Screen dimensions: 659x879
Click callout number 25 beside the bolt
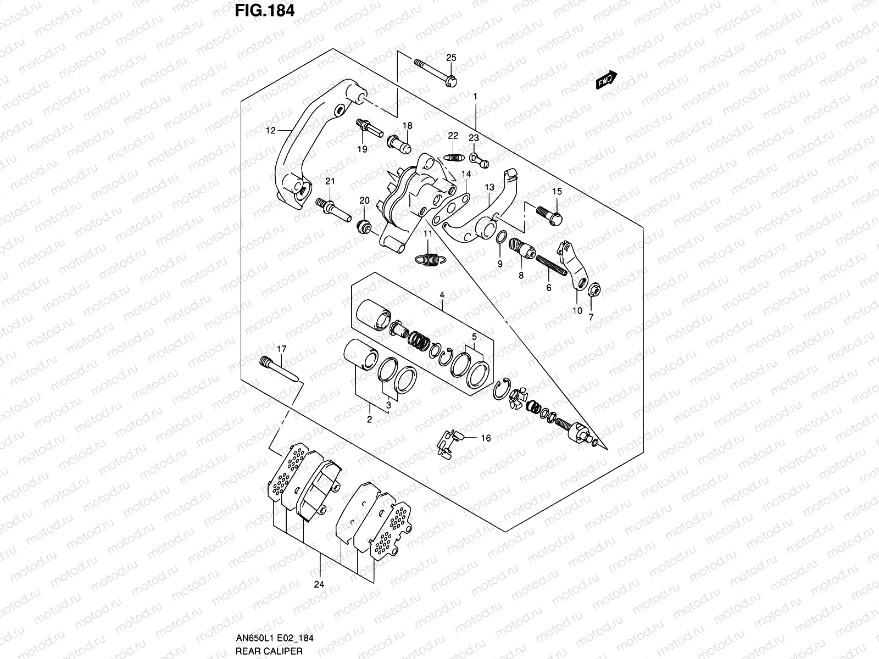point(451,58)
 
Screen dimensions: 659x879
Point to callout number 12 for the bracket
point(270,131)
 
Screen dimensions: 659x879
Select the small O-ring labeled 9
point(500,237)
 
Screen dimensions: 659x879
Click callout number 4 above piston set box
point(441,295)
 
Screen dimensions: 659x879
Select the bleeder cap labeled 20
point(363,226)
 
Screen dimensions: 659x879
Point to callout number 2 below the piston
point(369,419)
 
